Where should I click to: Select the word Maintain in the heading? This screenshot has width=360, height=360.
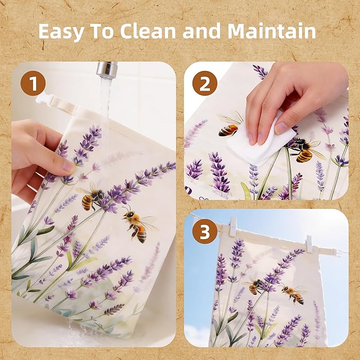pos(272,31)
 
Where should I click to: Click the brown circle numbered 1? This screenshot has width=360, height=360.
pos(33,83)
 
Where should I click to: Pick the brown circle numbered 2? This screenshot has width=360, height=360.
pos(205,83)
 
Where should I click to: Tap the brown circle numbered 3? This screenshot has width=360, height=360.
pos(205,231)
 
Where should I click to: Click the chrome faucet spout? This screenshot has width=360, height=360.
pos(107,70)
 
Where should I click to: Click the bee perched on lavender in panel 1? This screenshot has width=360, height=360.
pos(91,197)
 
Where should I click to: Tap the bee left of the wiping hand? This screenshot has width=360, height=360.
pos(230,125)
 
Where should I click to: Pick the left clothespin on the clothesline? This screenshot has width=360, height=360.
pos(233,226)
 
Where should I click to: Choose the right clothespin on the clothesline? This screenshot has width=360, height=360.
pos(309,243)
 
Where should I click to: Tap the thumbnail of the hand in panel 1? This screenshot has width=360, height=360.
pos(68,165)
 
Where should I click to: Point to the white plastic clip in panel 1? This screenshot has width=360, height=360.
pos(43,100)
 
